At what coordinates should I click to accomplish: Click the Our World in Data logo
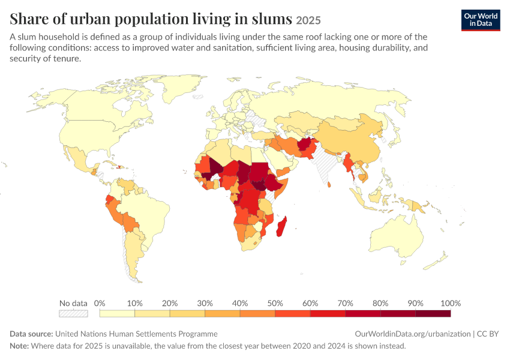coord(481,20)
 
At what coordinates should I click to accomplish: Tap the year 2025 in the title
coord(308,20)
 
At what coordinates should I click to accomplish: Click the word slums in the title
coord(272,19)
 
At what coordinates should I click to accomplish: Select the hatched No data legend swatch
coord(73,313)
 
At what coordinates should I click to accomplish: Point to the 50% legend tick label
coord(275,303)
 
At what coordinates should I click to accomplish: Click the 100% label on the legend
coord(451,303)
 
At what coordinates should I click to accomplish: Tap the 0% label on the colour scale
coord(100,303)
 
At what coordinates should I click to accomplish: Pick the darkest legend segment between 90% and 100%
coord(433,313)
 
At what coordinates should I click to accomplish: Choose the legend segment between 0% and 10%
coord(117,313)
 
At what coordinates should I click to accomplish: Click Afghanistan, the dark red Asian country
coord(305,143)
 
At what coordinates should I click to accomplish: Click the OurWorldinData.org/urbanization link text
coord(412,334)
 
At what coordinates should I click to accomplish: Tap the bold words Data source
coord(31,334)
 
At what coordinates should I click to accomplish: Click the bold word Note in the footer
coord(19,346)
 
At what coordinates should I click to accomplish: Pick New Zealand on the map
coord(436,262)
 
